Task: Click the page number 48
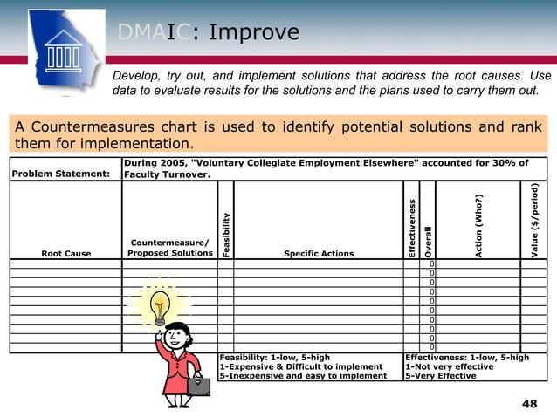click(x=529, y=402)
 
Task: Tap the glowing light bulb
click(x=159, y=307)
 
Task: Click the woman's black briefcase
click(x=196, y=386)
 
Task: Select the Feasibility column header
click(x=226, y=234)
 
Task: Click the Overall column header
click(x=428, y=241)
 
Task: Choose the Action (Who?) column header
click(x=478, y=225)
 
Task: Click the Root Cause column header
click(x=65, y=254)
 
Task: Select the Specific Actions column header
click(x=319, y=254)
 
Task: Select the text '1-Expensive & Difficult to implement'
click(x=301, y=366)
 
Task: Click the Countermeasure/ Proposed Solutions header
click(x=169, y=248)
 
